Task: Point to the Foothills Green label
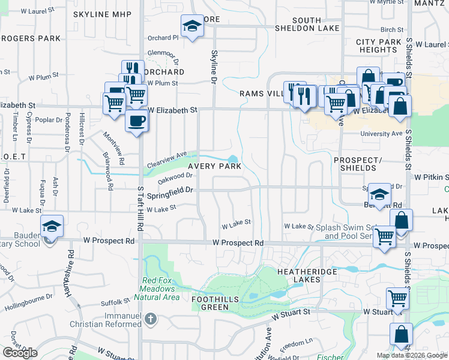click(215, 303)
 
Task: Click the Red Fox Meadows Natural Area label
click(161, 289)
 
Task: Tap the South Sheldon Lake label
click(307, 24)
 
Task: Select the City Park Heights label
click(378, 46)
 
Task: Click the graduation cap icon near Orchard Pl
click(191, 26)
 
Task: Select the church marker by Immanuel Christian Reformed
click(151, 319)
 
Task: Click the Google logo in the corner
click(20, 353)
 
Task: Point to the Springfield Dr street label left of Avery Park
click(172, 190)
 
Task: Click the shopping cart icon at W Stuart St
click(397, 297)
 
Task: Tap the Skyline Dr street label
click(213, 65)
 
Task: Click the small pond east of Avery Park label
click(233, 160)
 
